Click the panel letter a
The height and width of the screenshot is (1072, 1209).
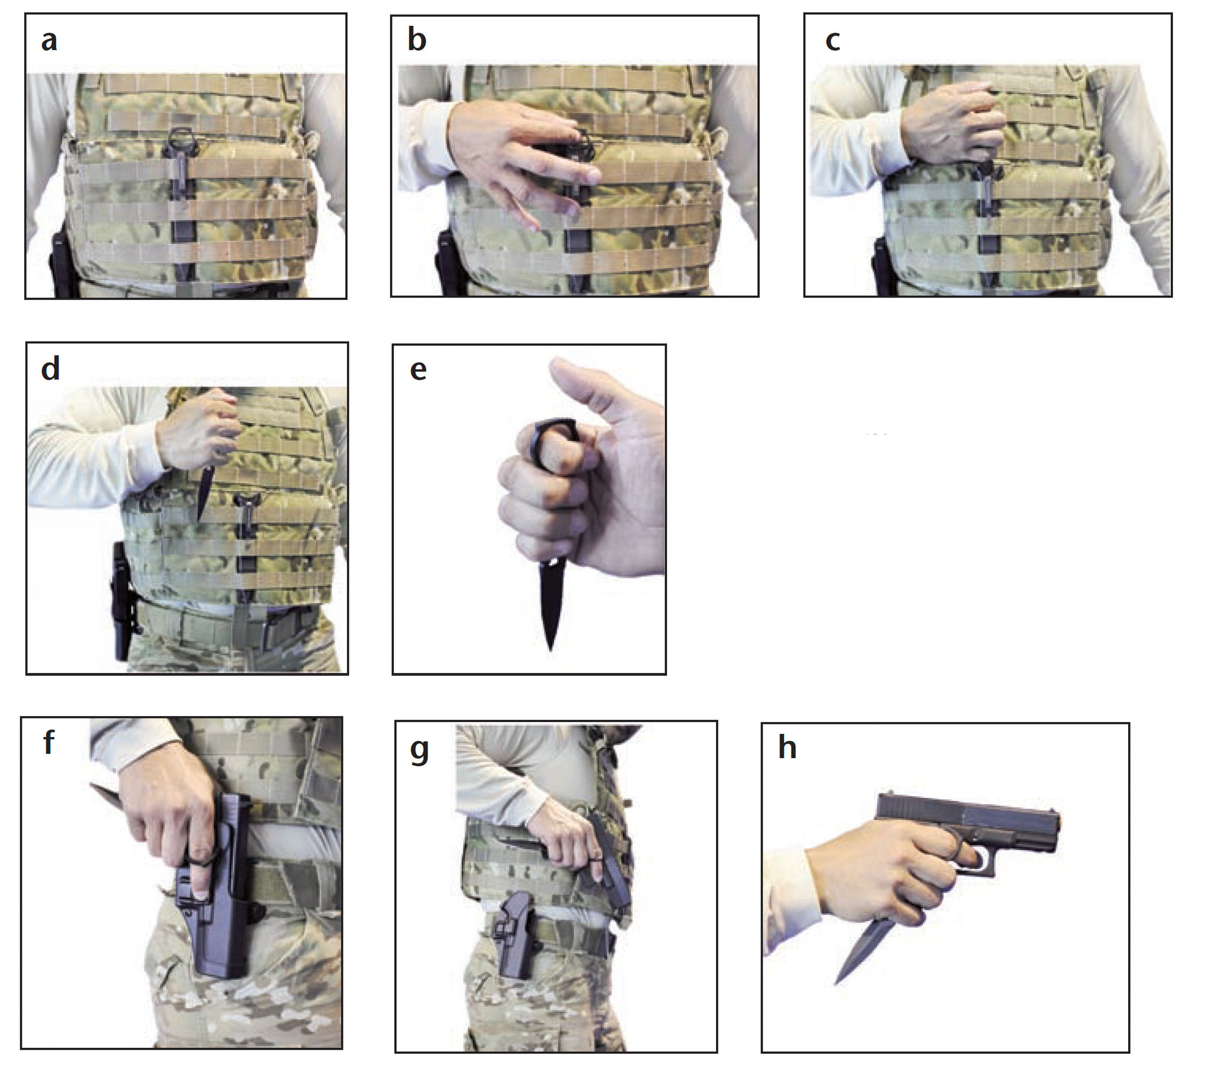(49, 41)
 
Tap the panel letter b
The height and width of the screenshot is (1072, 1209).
(417, 40)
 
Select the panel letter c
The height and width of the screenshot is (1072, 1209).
(832, 41)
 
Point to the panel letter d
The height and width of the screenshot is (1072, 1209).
(50, 368)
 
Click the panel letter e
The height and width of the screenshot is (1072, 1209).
(418, 370)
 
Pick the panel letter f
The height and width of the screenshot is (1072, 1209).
(49, 742)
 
